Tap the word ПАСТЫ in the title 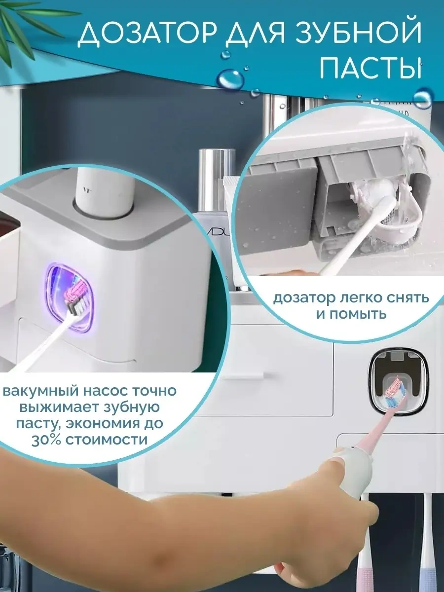(370, 66)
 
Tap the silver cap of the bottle (213, 164)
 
